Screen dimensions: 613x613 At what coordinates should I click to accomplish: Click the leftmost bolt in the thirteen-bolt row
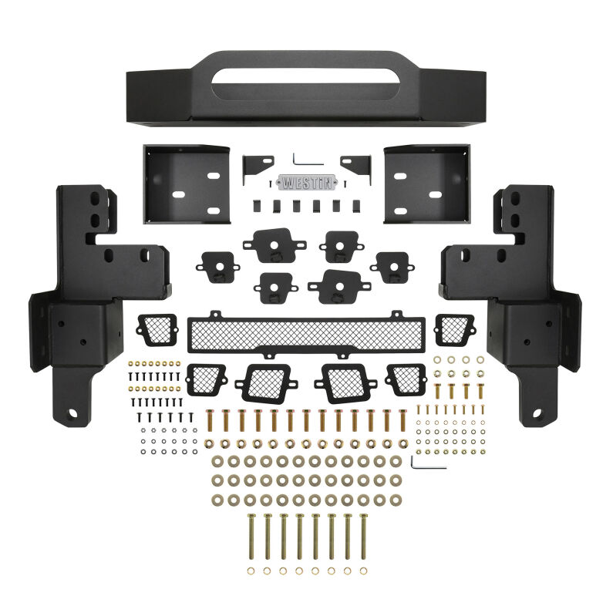click(209, 422)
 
